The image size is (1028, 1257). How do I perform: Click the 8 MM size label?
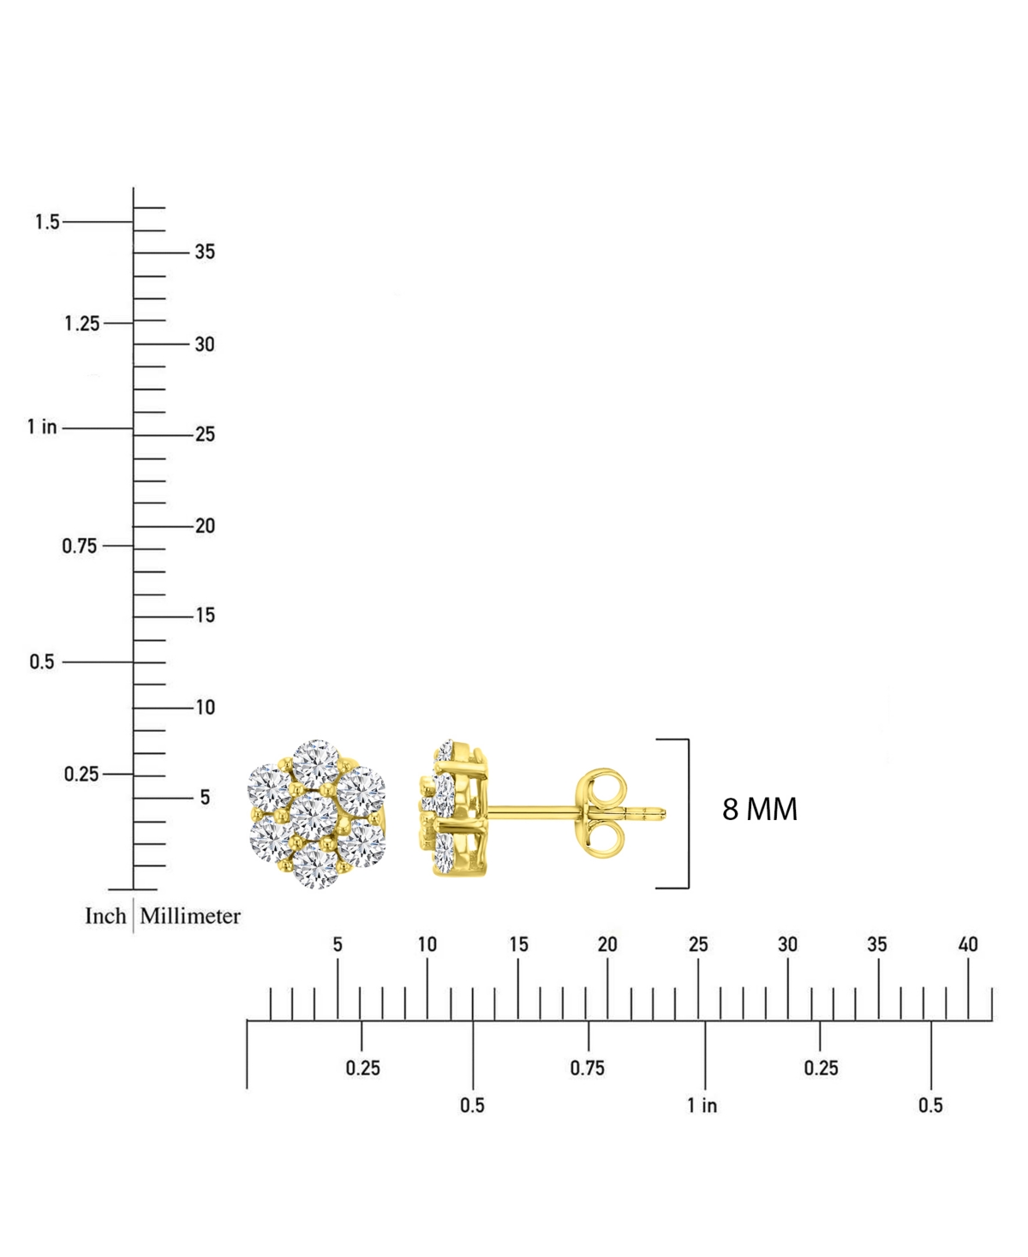pyautogui.click(x=759, y=810)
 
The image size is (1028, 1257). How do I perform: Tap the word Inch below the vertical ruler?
pyautogui.click(x=105, y=916)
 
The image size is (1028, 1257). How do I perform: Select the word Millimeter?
pyautogui.click(x=190, y=916)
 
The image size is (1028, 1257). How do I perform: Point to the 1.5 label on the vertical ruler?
pyautogui.click(x=47, y=222)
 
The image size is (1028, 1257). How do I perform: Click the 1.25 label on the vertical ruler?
pyautogui.click(x=81, y=324)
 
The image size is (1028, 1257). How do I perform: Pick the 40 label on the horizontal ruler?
pyautogui.click(x=968, y=945)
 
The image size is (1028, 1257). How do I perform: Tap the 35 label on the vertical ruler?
pyautogui.click(x=205, y=252)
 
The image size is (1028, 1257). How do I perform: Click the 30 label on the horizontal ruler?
pyautogui.click(x=787, y=945)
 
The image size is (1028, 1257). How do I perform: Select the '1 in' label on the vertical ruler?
pyautogui.click(x=42, y=427)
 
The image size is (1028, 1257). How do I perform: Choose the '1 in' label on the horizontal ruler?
pyautogui.click(x=702, y=1105)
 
